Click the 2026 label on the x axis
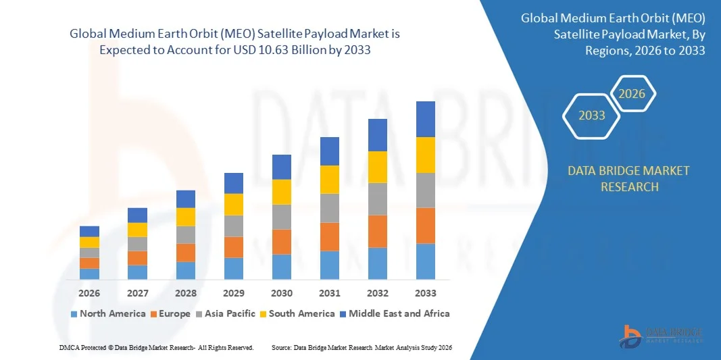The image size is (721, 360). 89,293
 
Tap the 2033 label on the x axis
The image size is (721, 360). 426,293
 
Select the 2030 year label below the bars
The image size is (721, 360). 282,293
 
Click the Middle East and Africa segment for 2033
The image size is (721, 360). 426,119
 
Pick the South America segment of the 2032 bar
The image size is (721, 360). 378,167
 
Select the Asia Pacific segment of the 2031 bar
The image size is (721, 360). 330,208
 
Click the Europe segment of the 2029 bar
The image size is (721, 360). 234,247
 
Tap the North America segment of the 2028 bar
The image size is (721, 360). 186,270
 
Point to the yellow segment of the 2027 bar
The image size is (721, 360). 138,230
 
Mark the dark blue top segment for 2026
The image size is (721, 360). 89,231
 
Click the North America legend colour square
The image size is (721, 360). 74,314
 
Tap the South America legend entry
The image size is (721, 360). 301,313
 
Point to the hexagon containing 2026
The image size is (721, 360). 633,94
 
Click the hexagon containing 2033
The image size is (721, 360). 592,115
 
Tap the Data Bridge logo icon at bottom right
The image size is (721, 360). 631,336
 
